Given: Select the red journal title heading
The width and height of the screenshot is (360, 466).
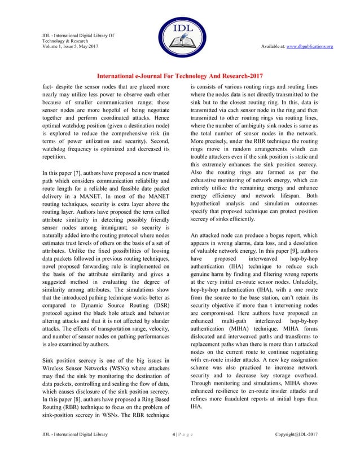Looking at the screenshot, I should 180,76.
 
